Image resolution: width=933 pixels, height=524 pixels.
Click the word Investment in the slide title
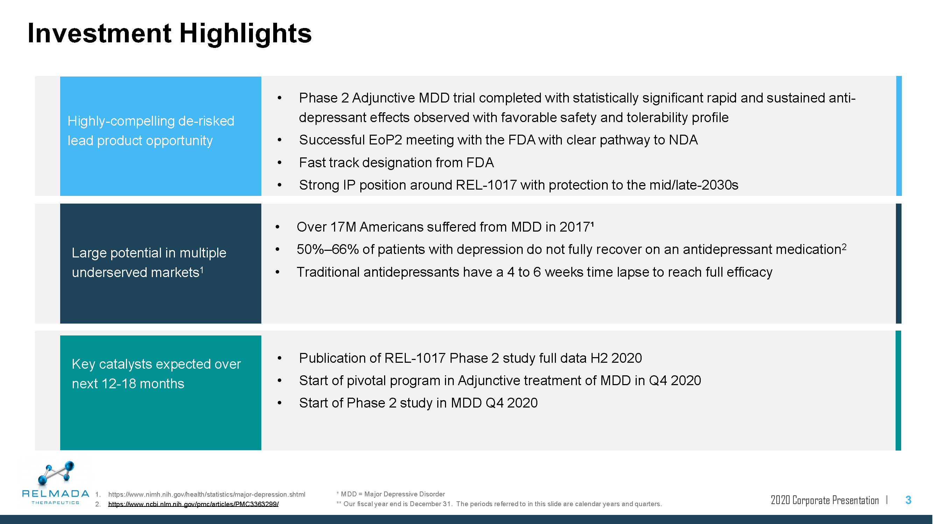pos(99,33)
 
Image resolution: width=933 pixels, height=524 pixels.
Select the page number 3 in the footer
pos(908,500)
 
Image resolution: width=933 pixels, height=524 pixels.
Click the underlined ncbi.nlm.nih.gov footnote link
pos(193,504)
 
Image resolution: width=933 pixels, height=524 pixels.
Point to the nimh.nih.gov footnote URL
pos(206,494)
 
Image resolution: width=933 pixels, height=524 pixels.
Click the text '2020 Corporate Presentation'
pos(825,500)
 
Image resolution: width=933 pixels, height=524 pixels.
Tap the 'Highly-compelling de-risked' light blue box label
pos(151,121)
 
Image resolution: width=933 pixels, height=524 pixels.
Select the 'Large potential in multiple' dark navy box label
pos(149,253)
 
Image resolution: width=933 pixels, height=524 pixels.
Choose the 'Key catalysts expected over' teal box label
pos(156,364)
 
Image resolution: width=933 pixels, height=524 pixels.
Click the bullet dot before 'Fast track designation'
pos(279,163)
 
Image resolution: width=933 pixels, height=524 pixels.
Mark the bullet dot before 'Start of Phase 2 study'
pos(279,403)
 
